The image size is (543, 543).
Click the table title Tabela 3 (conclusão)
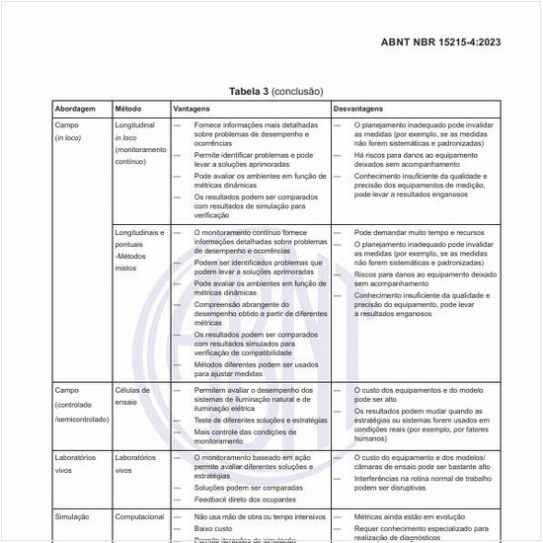(x=275, y=91)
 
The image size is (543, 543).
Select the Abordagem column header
(x=75, y=108)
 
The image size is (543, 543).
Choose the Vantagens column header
(x=192, y=108)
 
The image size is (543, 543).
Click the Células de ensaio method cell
(x=132, y=396)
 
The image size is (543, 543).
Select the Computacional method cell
(x=138, y=516)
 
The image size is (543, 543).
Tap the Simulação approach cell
(x=73, y=516)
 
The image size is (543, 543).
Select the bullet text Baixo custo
(x=216, y=529)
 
